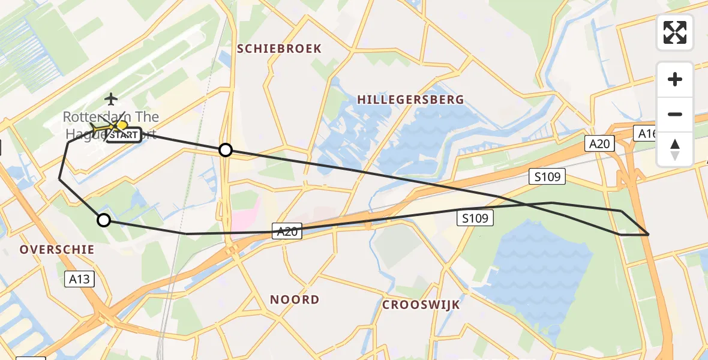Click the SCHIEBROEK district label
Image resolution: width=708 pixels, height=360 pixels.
click(x=279, y=49)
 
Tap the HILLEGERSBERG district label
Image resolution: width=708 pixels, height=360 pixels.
click(x=410, y=100)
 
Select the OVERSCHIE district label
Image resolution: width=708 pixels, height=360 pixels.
click(x=57, y=249)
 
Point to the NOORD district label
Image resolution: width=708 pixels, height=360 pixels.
click(x=294, y=299)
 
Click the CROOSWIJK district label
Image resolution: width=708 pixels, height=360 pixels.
click(x=421, y=305)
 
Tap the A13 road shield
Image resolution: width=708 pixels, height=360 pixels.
click(x=79, y=278)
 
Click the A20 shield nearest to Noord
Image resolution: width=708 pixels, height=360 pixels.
click(x=287, y=231)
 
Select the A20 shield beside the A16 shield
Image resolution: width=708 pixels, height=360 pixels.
click(x=599, y=143)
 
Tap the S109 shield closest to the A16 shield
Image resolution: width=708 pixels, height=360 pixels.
click(x=547, y=176)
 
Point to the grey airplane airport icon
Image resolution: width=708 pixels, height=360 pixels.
click(x=111, y=98)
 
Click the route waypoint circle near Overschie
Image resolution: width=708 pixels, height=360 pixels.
click(x=104, y=220)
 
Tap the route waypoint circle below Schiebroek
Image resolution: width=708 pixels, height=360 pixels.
click(x=225, y=150)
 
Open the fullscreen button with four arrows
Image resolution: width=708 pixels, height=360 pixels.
click(x=675, y=32)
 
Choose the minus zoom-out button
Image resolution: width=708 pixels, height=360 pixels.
click(x=675, y=114)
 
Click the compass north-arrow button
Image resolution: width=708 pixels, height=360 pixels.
click(x=675, y=148)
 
